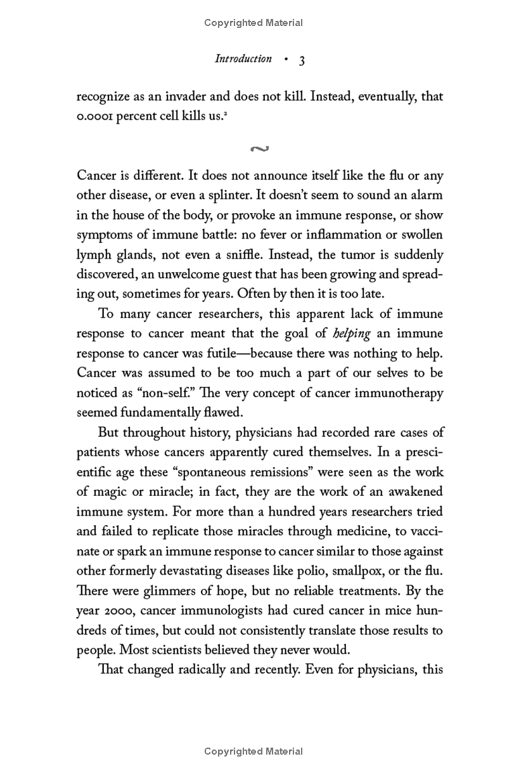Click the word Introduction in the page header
click(243, 59)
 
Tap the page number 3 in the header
click(302, 60)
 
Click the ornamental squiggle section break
click(260, 149)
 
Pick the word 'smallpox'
click(354, 570)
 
